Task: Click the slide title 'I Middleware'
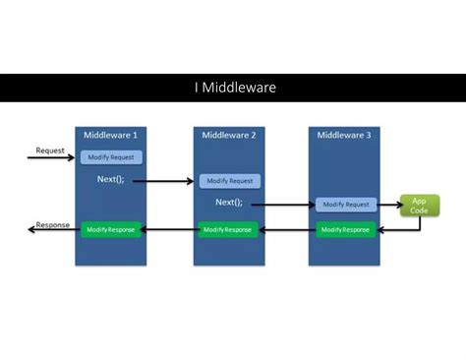(x=234, y=89)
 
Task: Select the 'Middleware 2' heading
(x=229, y=136)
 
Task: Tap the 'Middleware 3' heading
(x=345, y=136)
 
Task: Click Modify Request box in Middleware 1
(x=113, y=157)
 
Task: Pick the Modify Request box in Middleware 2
(x=230, y=181)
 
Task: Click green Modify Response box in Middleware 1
(x=111, y=229)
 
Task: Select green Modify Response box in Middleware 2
(x=228, y=229)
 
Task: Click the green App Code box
(x=419, y=205)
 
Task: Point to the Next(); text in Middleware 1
(x=112, y=180)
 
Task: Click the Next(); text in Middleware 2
(x=229, y=203)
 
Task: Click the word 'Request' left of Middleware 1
(x=50, y=150)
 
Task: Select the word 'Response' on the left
(x=53, y=224)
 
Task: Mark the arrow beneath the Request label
(x=51, y=158)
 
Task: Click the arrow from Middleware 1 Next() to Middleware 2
(x=162, y=182)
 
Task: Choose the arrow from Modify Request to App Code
(x=387, y=205)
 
